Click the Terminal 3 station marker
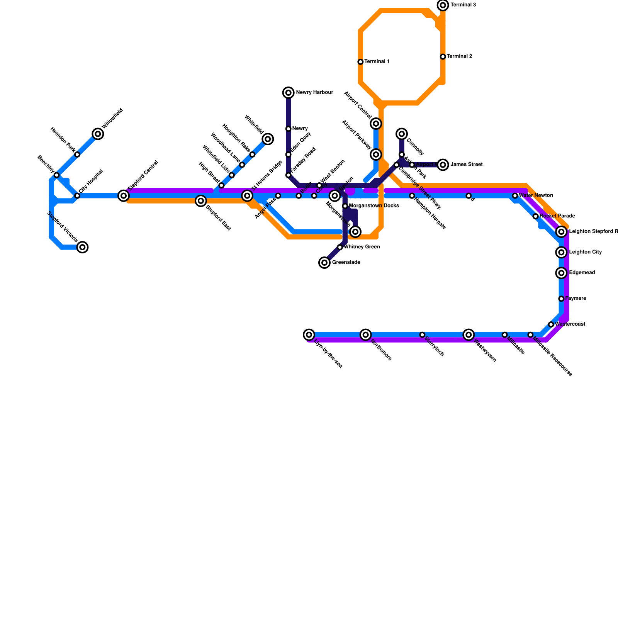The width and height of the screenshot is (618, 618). pyautogui.click(x=443, y=5)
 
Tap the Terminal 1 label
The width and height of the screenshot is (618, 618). pyautogui.click(x=377, y=62)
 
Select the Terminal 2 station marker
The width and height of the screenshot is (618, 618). pyautogui.click(x=443, y=57)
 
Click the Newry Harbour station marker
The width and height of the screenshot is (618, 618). pyautogui.click(x=289, y=93)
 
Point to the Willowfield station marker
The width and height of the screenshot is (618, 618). pyautogui.click(x=98, y=134)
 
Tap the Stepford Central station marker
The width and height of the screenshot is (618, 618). pyautogui.click(x=124, y=196)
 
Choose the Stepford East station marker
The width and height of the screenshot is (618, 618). pyautogui.click(x=200, y=201)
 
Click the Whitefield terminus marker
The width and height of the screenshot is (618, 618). pyautogui.click(x=268, y=139)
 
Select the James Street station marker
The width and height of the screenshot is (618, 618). pyautogui.click(x=443, y=165)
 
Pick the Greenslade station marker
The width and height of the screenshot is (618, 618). pyautogui.click(x=324, y=263)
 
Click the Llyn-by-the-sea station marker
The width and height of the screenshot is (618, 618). pyautogui.click(x=309, y=334)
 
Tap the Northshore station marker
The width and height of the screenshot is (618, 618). pyautogui.click(x=366, y=334)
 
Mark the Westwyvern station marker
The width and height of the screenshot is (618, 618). pyautogui.click(x=469, y=334)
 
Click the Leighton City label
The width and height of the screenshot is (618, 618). pyautogui.click(x=585, y=252)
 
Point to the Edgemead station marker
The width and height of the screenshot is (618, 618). pyautogui.click(x=562, y=273)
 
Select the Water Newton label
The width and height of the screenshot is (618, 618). pyautogui.click(x=536, y=195)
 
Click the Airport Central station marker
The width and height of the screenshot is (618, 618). pyautogui.click(x=376, y=124)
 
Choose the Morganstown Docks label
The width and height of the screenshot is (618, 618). pyautogui.click(x=374, y=206)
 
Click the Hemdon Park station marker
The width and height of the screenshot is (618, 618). pyautogui.click(x=77, y=154)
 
